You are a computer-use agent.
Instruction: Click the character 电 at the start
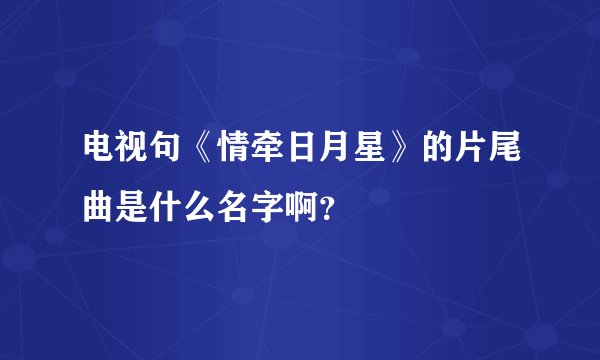point(98,152)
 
